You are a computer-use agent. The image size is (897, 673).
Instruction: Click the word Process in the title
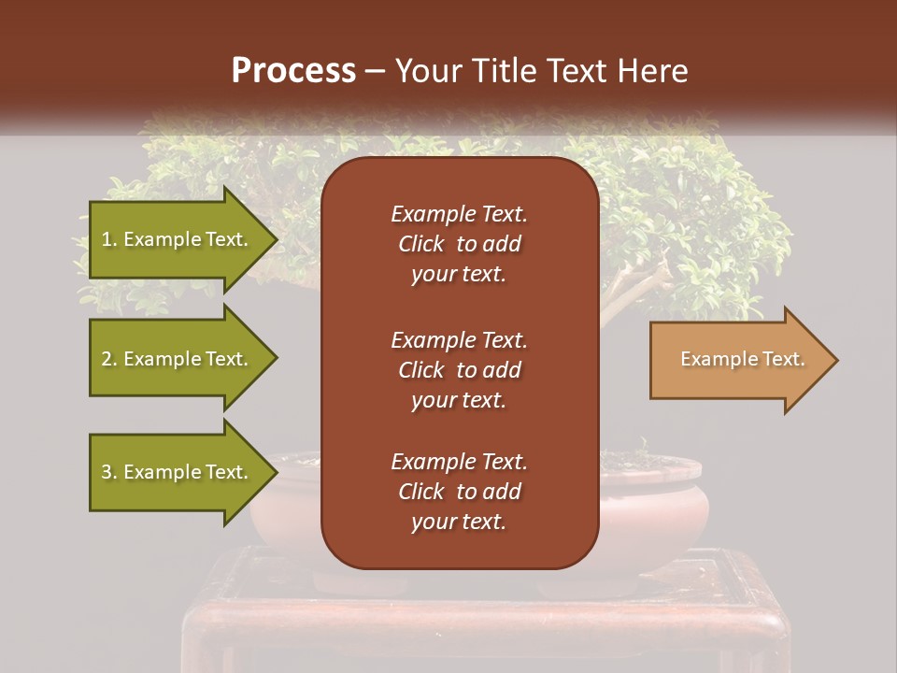pos(293,71)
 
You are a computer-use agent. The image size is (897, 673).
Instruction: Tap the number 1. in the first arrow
pos(109,239)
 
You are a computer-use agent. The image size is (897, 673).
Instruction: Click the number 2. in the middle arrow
pos(109,359)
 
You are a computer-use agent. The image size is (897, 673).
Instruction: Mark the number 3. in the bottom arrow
pos(109,472)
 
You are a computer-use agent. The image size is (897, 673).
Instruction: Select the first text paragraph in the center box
pos(459,244)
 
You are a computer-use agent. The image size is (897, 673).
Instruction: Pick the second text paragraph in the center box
pos(459,369)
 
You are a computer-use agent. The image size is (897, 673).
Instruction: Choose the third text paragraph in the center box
pos(459,491)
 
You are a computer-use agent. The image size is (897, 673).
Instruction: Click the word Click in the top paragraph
pos(420,244)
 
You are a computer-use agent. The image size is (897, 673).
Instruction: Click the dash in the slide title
pos(375,72)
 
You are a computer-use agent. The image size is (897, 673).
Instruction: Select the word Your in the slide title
pos(428,71)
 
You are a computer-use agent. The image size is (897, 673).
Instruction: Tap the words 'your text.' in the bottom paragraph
pos(459,522)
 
